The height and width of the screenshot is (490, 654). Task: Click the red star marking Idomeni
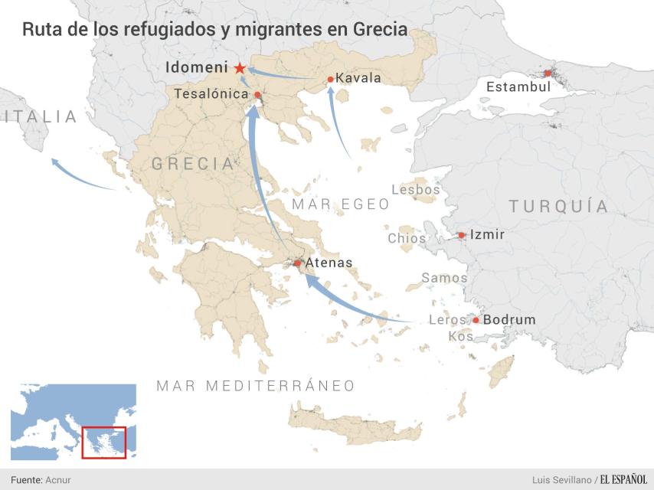(x=240, y=68)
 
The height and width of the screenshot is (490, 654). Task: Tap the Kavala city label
(x=358, y=79)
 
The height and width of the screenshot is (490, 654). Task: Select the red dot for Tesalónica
(x=258, y=95)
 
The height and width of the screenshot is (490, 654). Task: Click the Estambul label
(x=518, y=87)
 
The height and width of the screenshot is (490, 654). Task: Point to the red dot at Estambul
(x=548, y=73)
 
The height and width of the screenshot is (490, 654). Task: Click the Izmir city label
(x=487, y=235)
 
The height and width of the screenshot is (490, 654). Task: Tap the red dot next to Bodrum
(x=476, y=320)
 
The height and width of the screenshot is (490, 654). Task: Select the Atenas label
(x=329, y=263)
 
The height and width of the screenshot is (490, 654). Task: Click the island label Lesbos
(x=416, y=190)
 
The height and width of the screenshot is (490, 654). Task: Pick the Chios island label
(x=407, y=238)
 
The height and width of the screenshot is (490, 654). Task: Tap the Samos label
(x=444, y=278)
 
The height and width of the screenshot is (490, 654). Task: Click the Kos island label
(x=461, y=336)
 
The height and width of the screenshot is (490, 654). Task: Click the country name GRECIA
(x=192, y=164)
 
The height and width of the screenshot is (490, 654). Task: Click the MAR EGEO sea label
(x=341, y=205)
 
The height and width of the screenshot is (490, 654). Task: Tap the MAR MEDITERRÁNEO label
(x=256, y=386)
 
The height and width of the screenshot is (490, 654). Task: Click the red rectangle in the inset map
(x=103, y=443)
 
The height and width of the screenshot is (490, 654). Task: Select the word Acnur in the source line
(x=57, y=479)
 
